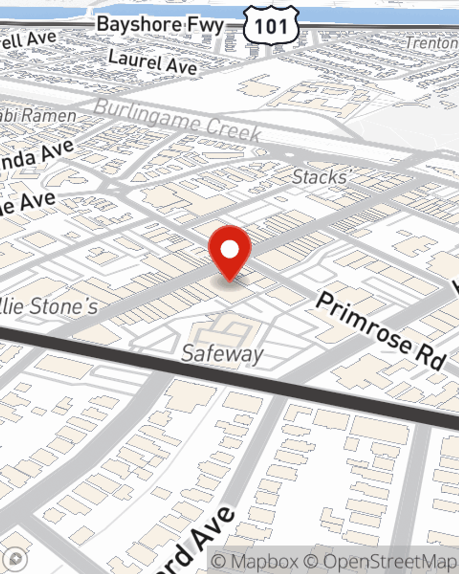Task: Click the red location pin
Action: coord(229,253)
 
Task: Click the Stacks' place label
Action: coord(320,177)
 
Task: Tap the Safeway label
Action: coord(223,354)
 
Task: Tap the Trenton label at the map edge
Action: coord(432,43)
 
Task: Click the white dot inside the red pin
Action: coord(229,250)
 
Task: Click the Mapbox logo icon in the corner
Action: coord(16,559)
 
